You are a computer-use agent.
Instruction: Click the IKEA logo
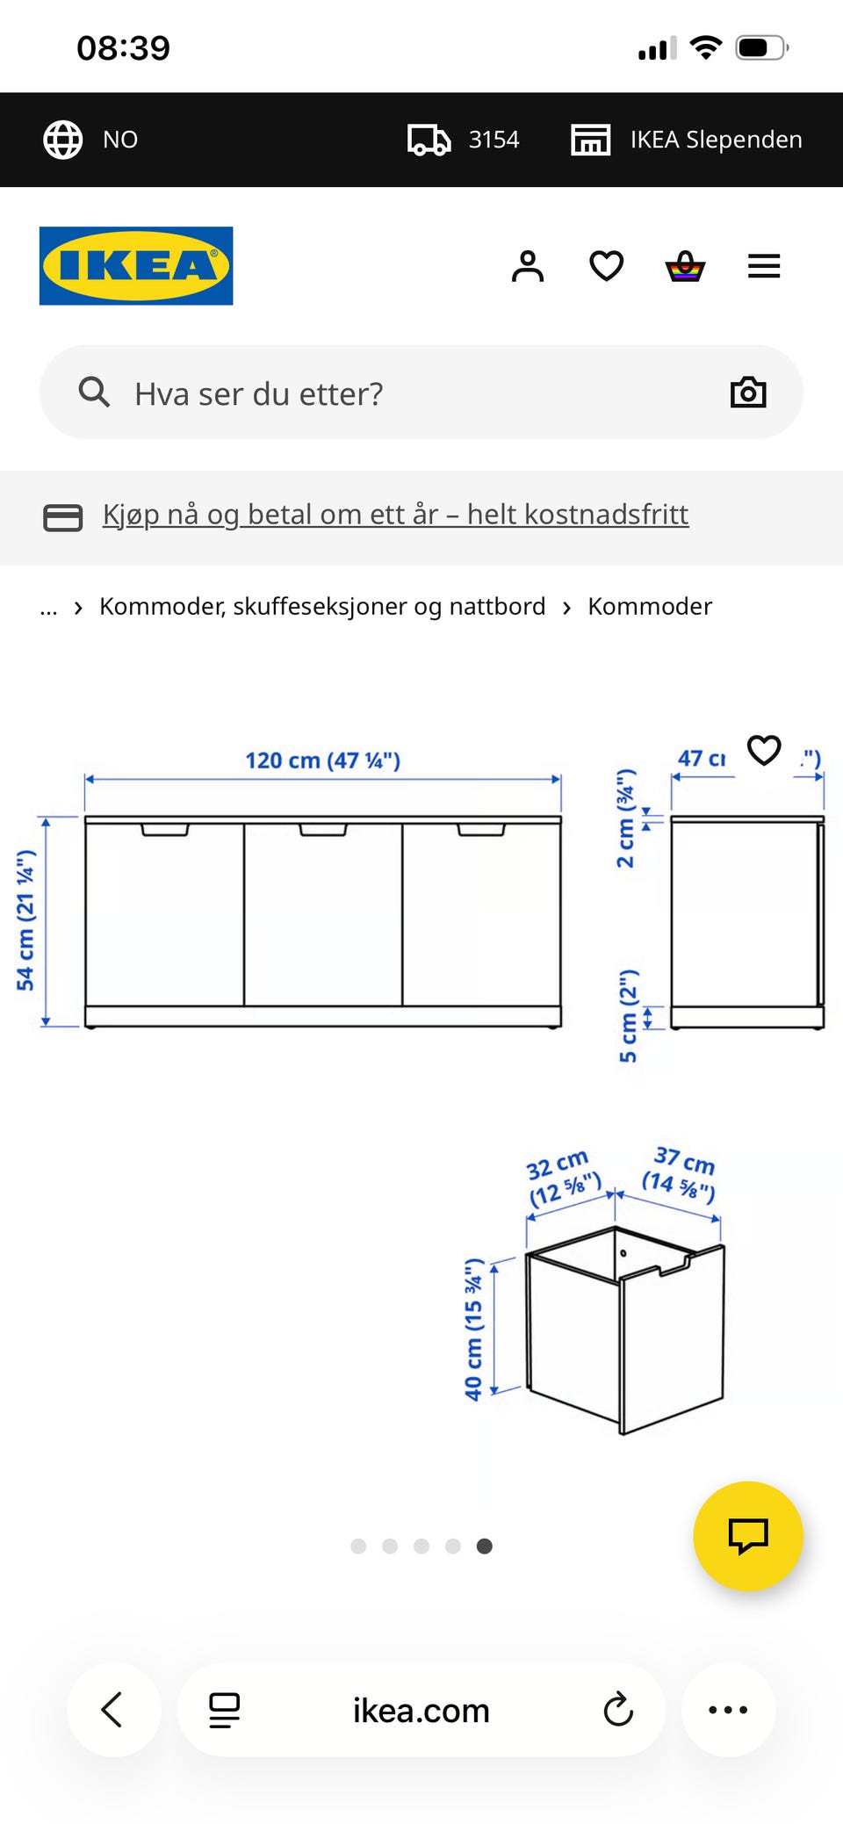coord(136,266)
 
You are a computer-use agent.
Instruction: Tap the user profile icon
coord(528,266)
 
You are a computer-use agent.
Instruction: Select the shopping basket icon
coord(685,266)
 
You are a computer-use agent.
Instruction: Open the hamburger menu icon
coord(764,266)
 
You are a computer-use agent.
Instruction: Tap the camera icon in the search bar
coord(748,393)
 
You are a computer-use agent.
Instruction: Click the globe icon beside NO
coord(63,140)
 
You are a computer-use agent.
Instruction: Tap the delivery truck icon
coord(429,140)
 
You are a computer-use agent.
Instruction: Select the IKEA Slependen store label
coord(716,140)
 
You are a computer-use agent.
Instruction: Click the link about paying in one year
coord(395,515)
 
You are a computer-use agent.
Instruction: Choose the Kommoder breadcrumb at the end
coord(650,607)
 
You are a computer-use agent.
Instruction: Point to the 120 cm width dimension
coord(322,761)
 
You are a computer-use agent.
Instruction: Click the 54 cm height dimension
coord(26,920)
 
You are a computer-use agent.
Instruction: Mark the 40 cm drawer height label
coord(474,1330)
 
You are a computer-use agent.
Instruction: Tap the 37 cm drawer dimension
coord(681,1173)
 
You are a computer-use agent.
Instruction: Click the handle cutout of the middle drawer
coord(323,830)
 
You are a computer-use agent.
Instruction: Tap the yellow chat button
coord(748,1536)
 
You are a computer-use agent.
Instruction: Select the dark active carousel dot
coord(485,1546)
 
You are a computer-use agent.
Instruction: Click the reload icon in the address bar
coord(618,1710)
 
